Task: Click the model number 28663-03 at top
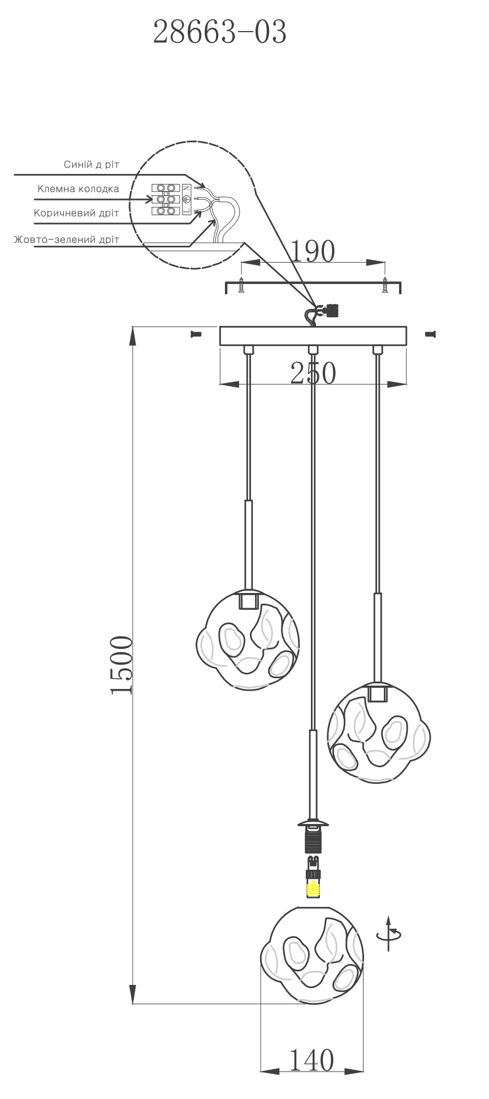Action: (220, 32)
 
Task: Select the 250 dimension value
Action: (313, 373)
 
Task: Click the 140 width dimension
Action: (311, 1060)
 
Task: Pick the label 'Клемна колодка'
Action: (79, 189)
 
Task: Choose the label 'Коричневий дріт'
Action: (76, 213)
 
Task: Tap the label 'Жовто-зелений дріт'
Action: (67, 239)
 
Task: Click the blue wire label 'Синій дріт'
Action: (92, 164)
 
